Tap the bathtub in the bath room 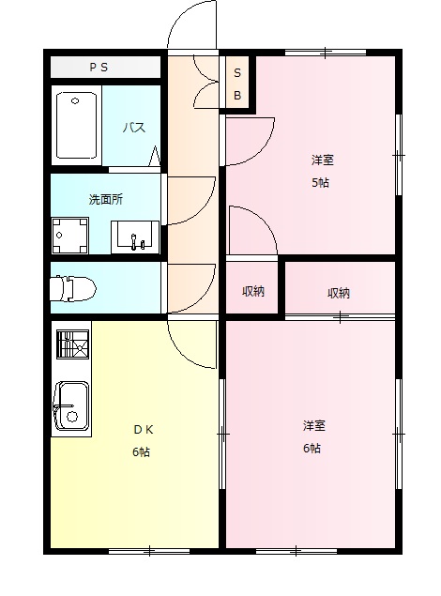(77, 126)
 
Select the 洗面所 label (104, 200)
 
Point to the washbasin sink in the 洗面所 (135, 236)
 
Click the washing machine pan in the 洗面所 (70, 236)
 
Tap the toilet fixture (70, 287)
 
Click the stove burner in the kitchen (72, 346)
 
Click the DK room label (142, 431)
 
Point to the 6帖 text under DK (142, 451)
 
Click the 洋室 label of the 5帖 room (321, 159)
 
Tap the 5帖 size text (321, 182)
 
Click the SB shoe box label (237, 84)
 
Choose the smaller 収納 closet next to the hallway (253, 291)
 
